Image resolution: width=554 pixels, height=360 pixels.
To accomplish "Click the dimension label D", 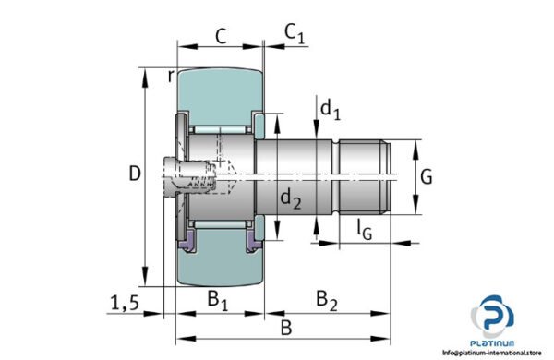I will [x=135, y=174].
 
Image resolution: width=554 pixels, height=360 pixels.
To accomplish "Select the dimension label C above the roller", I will [x=221, y=36].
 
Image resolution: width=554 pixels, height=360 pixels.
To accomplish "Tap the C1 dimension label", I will [x=294, y=34].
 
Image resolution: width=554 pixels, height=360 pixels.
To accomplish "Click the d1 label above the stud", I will [x=330, y=109].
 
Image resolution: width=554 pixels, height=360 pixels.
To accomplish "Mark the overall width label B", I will [x=286, y=327].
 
